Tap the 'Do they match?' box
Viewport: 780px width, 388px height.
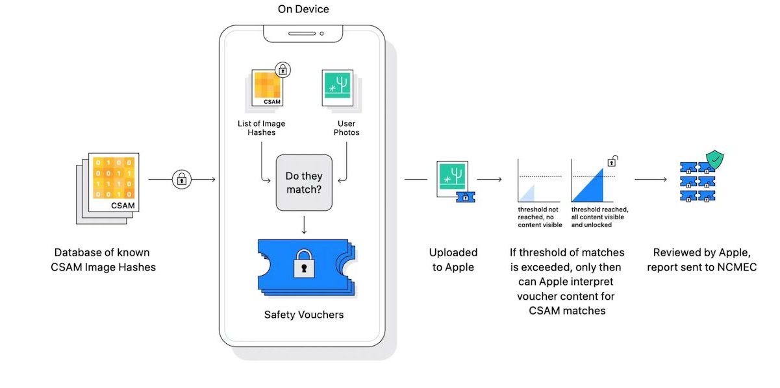coord(304,182)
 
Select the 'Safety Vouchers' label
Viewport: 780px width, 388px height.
coord(304,315)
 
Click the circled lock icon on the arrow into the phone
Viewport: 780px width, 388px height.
coord(182,179)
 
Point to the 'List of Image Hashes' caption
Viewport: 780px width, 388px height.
coord(262,128)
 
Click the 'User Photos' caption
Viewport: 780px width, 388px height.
coord(346,128)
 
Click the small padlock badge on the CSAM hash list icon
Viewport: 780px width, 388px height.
coord(283,69)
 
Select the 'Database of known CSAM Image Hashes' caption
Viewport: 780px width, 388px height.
coord(105,259)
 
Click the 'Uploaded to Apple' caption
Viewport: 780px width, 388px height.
coord(453,259)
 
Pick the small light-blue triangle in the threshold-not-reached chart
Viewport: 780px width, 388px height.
coord(527,193)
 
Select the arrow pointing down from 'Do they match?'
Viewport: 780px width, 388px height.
coord(304,224)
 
